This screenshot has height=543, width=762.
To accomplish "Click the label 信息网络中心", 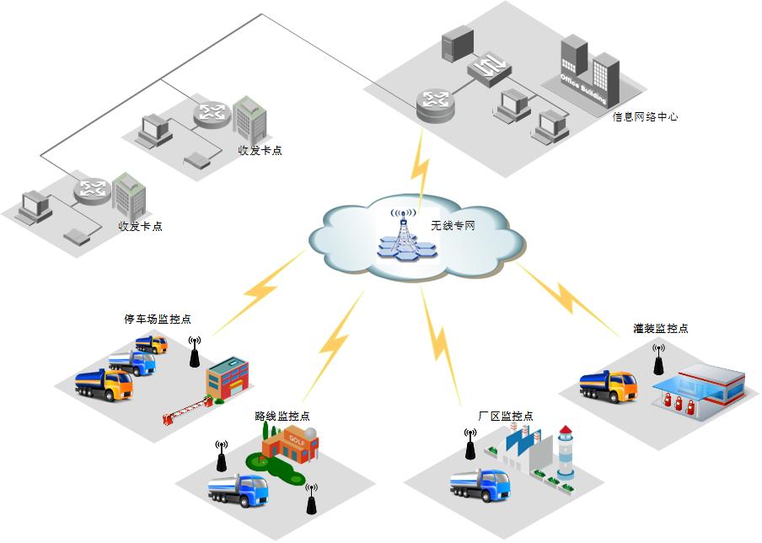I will pos(645,117).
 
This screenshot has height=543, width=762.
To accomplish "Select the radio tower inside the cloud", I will pos(404,232).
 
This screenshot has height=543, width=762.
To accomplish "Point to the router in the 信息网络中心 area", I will pos(435,103).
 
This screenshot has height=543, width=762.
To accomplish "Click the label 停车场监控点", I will pos(158,320).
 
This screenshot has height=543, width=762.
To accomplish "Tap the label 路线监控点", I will pos(282,416).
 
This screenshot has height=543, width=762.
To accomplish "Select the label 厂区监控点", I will pos(506,417).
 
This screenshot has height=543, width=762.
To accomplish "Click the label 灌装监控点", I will pos(661,328).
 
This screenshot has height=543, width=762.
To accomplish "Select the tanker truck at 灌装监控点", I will pos(608,385).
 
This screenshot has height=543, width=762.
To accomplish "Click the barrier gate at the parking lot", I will pos(185,411).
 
